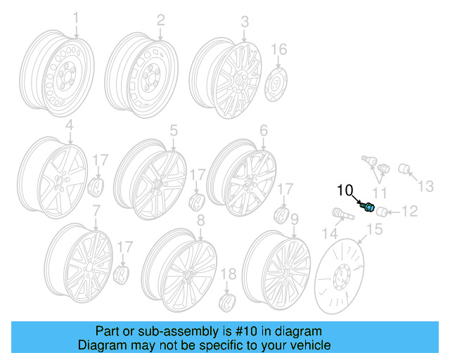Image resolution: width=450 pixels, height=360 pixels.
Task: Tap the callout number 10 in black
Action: [x=345, y=190]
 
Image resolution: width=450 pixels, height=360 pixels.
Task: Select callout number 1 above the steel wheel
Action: [x=77, y=17]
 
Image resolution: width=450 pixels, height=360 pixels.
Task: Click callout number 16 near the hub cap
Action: [x=279, y=49]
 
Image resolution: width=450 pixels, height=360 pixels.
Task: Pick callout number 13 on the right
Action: [x=427, y=186]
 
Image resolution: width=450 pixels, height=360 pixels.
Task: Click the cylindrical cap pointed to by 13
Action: [x=405, y=169]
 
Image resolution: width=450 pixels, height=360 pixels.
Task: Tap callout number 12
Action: [x=410, y=210]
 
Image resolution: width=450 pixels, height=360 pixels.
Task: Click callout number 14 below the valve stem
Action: [x=329, y=233]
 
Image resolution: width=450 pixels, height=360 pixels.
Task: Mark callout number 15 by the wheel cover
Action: [x=373, y=229]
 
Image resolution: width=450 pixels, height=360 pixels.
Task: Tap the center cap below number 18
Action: [x=228, y=303]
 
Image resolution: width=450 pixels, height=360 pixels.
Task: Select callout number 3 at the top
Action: [x=244, y=22]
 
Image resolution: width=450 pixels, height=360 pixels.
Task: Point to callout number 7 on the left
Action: [x=96, y=210]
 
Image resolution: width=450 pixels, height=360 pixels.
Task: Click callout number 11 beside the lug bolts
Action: [x=380, y=192]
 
